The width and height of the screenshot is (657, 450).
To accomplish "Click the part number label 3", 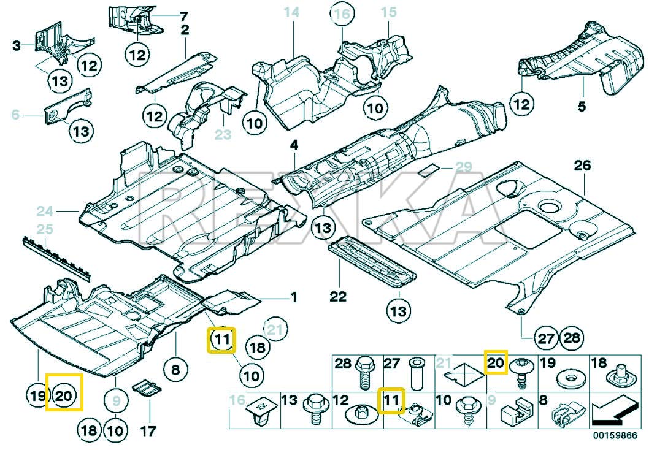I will [x=17, y=45].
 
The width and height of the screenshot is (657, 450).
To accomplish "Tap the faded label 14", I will [x=291, y=12].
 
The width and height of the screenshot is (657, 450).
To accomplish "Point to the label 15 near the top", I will [x=389, y=12].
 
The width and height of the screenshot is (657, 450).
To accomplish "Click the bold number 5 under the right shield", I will [x=582, y=107].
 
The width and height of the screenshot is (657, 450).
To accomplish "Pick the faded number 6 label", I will [x=16, y=114].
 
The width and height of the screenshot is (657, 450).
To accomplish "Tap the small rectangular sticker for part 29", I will [x=429, y=169].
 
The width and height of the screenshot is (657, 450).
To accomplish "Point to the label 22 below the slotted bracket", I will [x=338, y=297].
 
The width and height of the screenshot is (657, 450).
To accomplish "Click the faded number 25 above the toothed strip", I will [x=45, y=230].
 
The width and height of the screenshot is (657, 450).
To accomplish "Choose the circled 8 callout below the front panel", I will [x=175, y=370].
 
